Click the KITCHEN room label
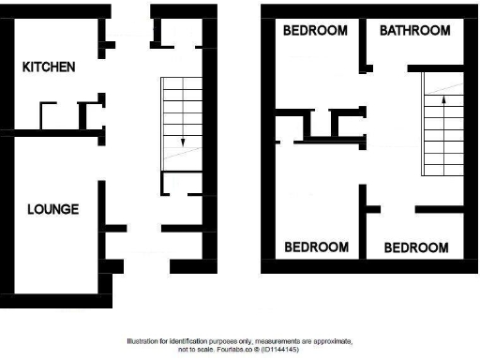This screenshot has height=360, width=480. [x=49, y=67]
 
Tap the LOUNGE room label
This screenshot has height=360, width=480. [x=52, y=209]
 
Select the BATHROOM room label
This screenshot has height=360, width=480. [x=414, y=31]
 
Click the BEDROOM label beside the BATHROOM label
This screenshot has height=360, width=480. [x=315, y=31]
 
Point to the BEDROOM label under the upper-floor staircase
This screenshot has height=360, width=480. [x=416, y=248]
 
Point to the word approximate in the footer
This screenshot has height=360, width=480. [x=331, y=341]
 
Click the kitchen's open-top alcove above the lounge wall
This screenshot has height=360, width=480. [x=52, y=116]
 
